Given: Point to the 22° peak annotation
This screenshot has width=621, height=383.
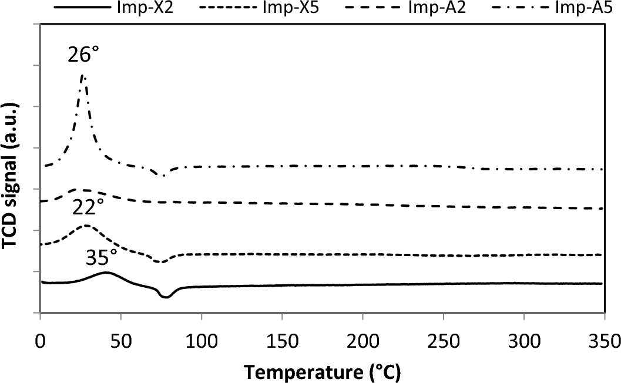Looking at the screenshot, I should tap(89, 206).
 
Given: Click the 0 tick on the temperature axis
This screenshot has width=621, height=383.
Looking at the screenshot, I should tap(40, 341).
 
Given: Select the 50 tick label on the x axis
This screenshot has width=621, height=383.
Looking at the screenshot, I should tap(120, 341).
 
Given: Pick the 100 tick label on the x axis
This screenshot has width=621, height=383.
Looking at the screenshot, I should tap(202, 341).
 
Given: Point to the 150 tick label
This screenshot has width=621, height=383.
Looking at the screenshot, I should tap(283, 341).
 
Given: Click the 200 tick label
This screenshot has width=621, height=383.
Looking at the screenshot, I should tap(363, 341).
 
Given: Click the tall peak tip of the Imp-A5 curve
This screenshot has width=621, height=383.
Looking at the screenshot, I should tap(83, 75).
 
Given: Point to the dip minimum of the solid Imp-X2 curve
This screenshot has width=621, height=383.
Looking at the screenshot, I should tap(166, 297).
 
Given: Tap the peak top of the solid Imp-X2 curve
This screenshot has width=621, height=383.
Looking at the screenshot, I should tap(106, 273).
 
